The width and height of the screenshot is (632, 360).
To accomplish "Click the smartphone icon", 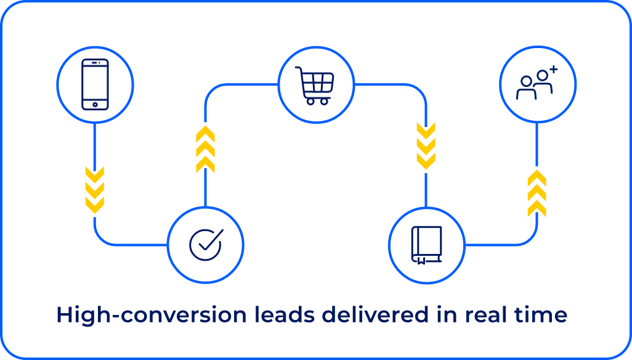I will (x=95, y=84).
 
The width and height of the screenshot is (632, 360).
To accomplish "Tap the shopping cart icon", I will (x=315, y=84).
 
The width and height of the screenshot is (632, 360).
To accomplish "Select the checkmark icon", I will (x=206, y=245).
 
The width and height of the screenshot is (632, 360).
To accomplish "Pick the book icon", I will (x=426, y=245).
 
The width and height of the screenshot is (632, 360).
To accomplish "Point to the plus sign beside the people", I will (x=553, y=70).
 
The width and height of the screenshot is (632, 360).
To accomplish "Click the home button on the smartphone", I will (x=95, y=105).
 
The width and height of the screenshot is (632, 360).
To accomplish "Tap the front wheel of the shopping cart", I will (x=309, y=101).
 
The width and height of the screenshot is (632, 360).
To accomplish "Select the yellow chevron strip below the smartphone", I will (x=94, y=191).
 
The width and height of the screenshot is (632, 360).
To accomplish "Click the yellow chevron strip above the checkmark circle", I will (x=205, y=148).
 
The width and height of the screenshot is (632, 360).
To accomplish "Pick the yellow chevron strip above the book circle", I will (x=426, y=148).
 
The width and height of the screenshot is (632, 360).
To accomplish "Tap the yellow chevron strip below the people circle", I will (x=537, y=191).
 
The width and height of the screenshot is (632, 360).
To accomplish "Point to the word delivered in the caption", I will (x=376, y=315).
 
